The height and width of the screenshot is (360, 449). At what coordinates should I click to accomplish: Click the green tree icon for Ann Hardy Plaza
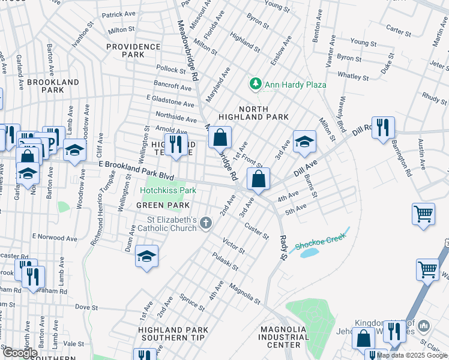click(x=256, y=84)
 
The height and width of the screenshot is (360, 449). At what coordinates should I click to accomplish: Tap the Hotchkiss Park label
click(x=168, y=191)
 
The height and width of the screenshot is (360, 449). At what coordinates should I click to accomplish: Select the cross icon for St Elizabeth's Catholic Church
click(x=206, y=224)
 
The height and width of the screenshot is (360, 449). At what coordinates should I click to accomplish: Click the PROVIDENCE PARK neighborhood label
click(x=134, y=50)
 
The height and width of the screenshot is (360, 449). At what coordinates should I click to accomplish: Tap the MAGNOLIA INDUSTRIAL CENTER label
click(x=284, y=337)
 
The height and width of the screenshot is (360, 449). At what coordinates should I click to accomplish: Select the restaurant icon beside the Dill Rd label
click(x=383, y=128)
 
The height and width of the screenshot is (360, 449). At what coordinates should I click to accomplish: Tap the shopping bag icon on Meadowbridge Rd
click(x=220, y=137)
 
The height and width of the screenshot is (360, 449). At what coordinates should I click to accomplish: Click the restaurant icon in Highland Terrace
click(x=176, y=144)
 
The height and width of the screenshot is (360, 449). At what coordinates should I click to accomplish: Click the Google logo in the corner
click(x=20, y=352)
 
